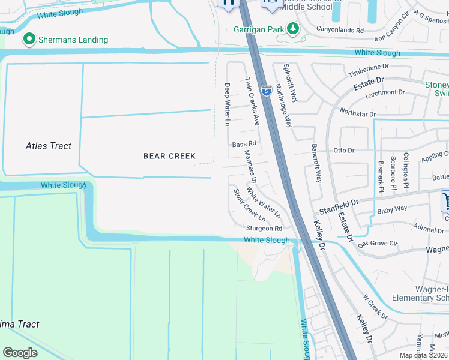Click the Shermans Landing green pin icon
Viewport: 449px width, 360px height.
click(28, 40)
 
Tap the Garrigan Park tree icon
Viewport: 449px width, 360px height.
click(292, 28)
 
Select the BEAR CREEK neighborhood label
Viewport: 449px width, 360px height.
click(169, 156)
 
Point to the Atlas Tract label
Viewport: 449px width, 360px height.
click(49, 146)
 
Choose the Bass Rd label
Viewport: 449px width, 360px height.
click(244, 144)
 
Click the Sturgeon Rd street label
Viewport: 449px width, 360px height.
click(264, 229)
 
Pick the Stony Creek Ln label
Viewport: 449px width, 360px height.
click(249, 205)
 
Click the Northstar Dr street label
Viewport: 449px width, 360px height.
click(357, 113)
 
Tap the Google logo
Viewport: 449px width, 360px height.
click(20, 353)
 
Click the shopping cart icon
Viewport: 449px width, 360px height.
click(445, 201)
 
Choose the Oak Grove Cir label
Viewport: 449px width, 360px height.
click(378, 244)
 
